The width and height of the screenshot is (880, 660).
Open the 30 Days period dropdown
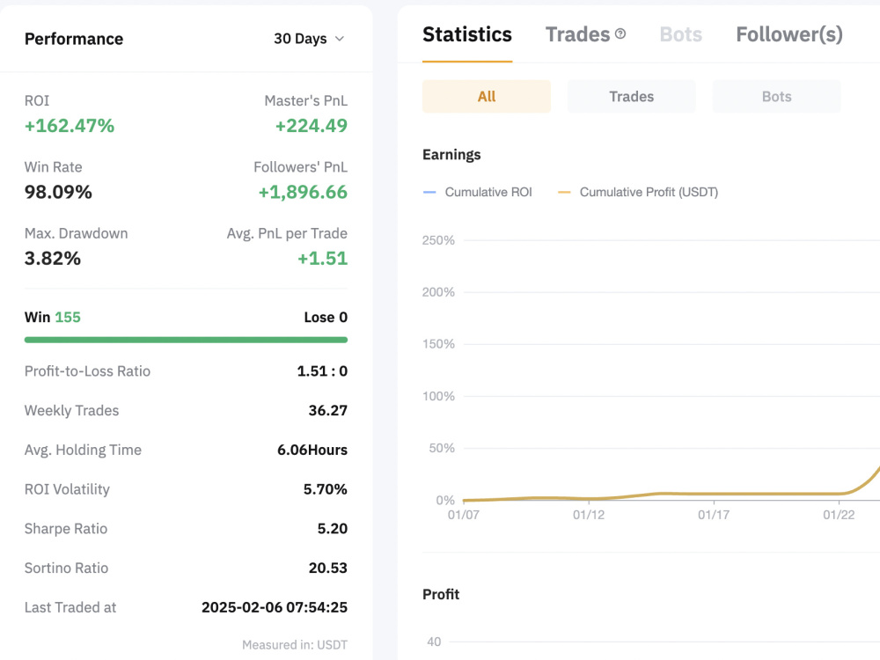[309, 39]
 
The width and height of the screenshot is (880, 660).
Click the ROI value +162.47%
[69, 126]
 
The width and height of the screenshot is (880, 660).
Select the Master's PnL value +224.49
[311, 126]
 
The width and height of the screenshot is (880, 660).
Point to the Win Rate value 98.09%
[58, 192]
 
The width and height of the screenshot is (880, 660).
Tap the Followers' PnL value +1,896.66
[303, 192]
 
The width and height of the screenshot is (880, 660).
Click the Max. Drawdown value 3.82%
[52, 258]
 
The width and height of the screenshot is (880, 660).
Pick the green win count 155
[68, 317]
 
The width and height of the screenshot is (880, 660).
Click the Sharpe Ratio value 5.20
[333, 529]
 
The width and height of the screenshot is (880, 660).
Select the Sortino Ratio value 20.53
[327, 568]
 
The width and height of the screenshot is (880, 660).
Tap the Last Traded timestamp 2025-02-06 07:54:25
[275, 607]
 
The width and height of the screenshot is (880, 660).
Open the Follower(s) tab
[789, 35]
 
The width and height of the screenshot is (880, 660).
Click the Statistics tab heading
[467, 34]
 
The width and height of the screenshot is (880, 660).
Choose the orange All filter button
[487, 97]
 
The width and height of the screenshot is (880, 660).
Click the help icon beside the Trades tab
[620, 33]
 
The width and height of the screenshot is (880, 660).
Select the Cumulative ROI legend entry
[477, 192]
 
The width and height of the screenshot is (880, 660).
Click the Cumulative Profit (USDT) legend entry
[637, 192]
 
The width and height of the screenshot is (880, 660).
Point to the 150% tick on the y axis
[438, 344]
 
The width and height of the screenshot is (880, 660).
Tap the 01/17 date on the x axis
[714, 515]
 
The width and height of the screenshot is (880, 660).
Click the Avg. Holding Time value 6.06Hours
[312, 450]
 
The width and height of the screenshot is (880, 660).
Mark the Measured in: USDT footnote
[295, 645]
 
